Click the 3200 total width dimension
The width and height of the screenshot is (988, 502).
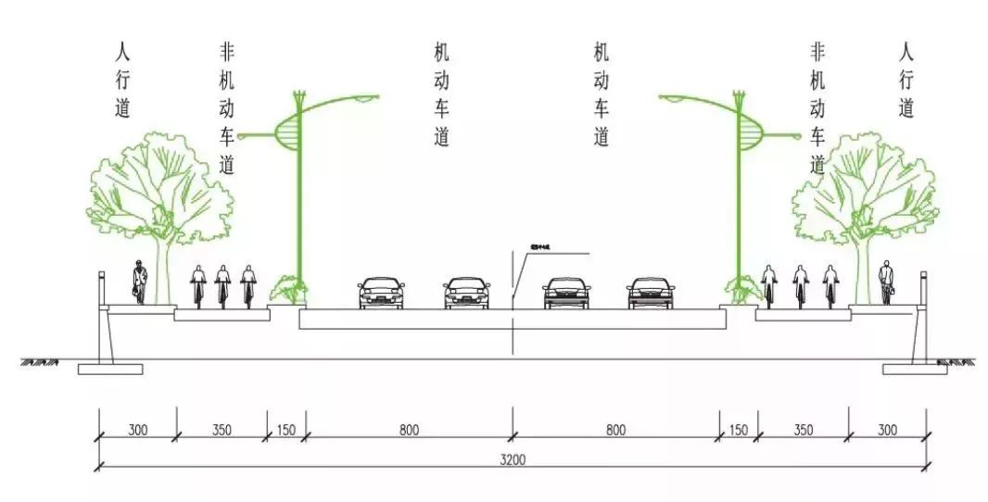tap(512, 459)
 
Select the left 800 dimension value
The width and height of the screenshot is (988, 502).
tap(409, 430)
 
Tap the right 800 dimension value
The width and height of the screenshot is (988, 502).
tap(615, 430)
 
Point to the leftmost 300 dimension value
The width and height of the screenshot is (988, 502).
tap(137, 430)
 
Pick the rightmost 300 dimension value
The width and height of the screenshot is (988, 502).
tap(887, 430)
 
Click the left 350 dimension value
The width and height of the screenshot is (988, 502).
tap(222, 430)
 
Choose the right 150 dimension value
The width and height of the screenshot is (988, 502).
tap(739, 430)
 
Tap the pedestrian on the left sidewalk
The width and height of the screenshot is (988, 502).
tap(139, 282)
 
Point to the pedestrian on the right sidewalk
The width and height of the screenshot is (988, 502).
tap(887, 282)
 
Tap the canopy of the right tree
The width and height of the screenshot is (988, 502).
tap(863, 185)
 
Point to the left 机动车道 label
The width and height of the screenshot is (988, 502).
tap(442, 94)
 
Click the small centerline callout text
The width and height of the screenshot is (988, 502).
tap(539, 247)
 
